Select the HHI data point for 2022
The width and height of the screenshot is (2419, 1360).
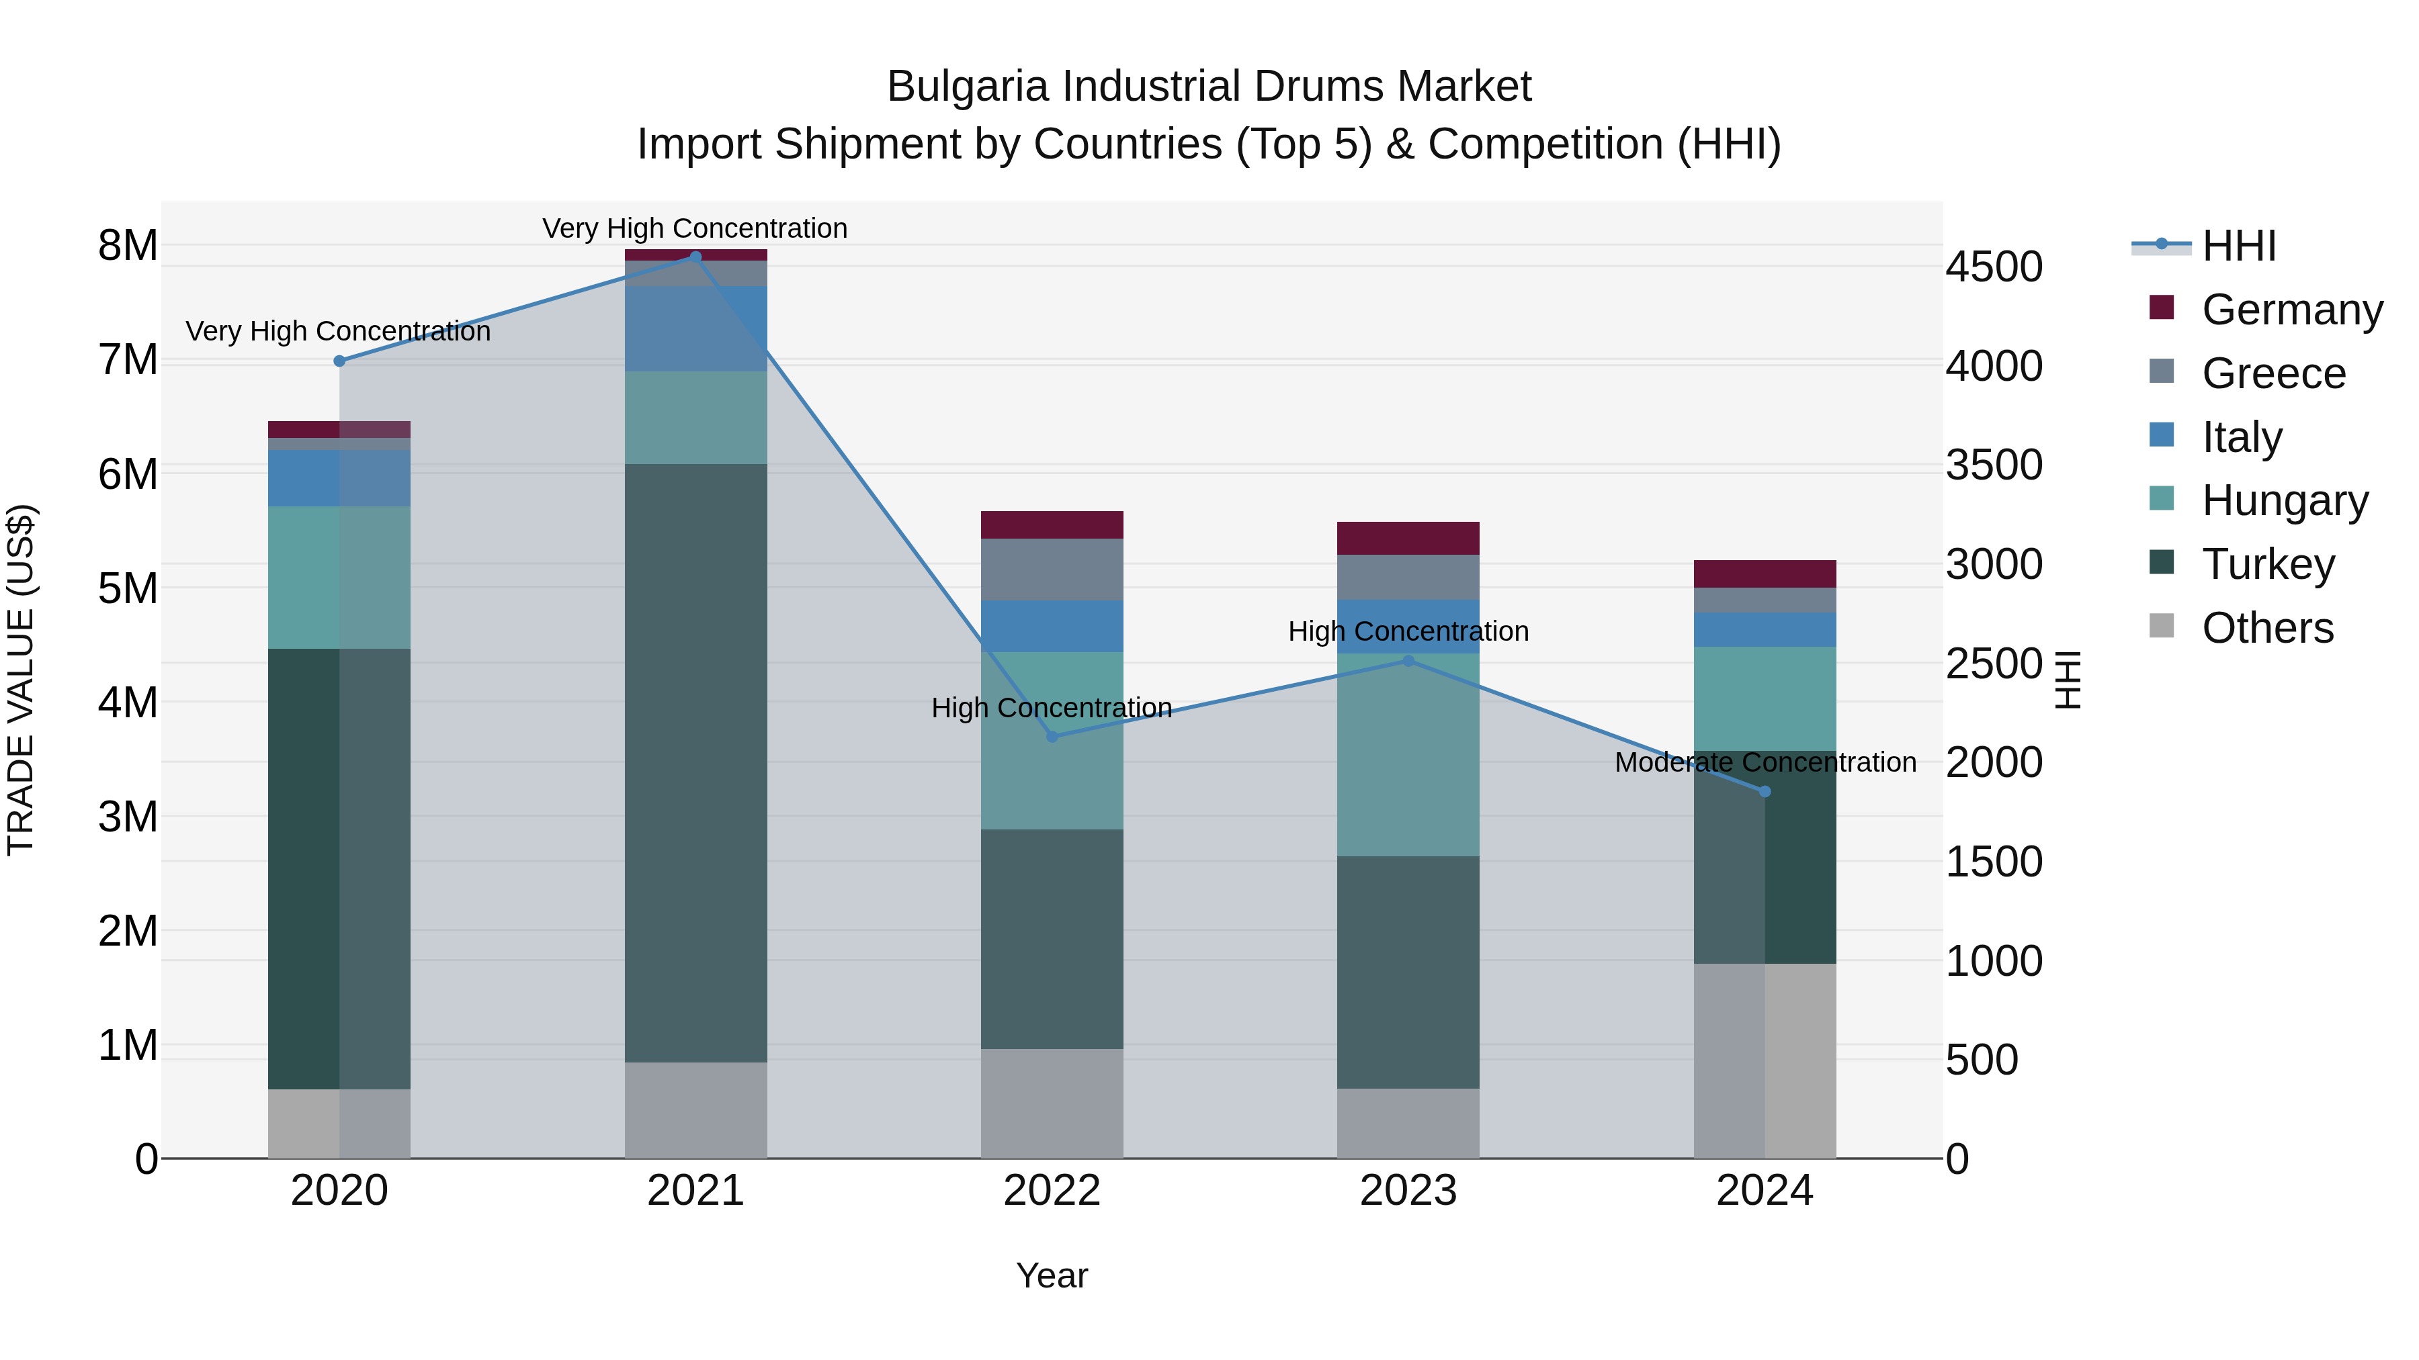pos(1052,737)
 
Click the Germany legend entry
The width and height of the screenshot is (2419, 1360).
pos(2291,310)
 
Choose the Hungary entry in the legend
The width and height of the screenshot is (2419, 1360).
pos(2284,500)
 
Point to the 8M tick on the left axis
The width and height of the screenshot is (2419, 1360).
pos(128,246)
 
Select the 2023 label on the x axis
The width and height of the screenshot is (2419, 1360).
pos(1408,1191)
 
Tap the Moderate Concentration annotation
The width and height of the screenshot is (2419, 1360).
pos(1765,762)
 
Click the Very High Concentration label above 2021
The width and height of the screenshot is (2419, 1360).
pos(695,228)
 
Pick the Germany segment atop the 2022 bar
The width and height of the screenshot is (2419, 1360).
pos(1052,525)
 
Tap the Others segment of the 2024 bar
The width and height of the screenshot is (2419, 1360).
pos(1765,1060)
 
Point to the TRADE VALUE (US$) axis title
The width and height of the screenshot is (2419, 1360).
pos(21,680)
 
